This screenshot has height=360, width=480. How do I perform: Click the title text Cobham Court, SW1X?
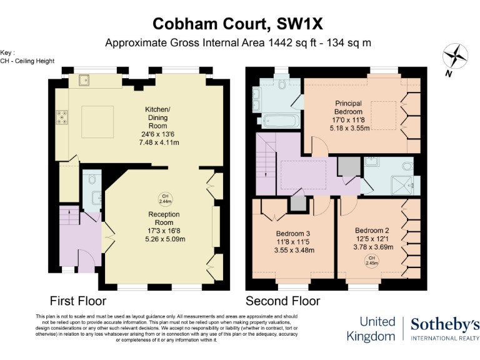coord(239,24)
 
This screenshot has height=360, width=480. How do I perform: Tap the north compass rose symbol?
coord(455,57)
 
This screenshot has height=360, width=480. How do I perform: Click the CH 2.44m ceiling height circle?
coord(166,199)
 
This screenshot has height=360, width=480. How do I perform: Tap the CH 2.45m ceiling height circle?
coord(371,260)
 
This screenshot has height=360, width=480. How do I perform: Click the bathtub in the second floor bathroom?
coord(278,120)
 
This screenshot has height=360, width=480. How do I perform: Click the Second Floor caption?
coord(282,301)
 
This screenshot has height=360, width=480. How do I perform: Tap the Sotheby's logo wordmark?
coord(445,324)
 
